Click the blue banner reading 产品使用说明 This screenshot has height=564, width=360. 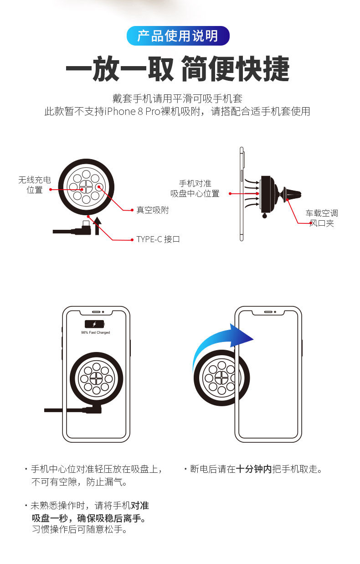point(178,36)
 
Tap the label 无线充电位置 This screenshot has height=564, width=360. point(35,185)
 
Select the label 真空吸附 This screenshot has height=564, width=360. point(152,210)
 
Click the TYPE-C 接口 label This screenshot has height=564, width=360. point(158,239)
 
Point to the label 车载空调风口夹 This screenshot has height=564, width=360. point(322,218)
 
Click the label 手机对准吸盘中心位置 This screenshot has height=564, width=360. point(195,188)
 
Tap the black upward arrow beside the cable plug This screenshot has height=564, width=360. point(97,226)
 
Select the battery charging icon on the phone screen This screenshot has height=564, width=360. point(95,324)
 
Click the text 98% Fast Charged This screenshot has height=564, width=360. point(95,333)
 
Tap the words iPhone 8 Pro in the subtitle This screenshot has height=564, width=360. point(131,111)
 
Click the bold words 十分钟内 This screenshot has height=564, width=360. point(254,469)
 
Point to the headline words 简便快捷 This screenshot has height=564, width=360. point(235,69)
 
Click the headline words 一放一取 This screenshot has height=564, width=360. point(120,69)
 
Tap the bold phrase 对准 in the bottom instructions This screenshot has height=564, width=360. point(140,506)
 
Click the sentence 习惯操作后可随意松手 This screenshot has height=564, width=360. point(79,530)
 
